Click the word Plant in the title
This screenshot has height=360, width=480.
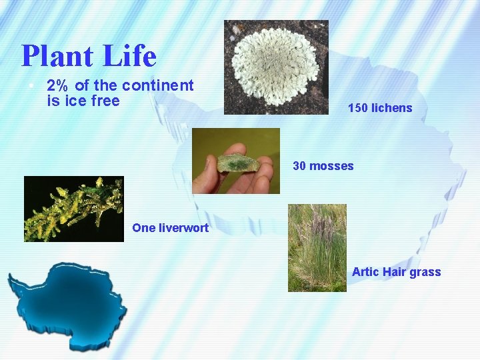[57, 57]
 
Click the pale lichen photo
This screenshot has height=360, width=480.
[276, 67]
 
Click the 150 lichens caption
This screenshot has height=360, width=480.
[380, 108]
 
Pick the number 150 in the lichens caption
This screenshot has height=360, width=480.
[358, 108]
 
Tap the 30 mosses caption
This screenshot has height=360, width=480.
[323, 166]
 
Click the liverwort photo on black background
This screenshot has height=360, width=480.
[73, 209]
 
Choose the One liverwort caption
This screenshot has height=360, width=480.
[170, 228]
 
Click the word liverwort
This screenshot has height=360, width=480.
[183, 228]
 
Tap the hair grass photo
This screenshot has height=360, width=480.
[317, 247]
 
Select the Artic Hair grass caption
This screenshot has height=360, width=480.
[396, 272]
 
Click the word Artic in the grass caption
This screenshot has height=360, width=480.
[365, 272]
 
